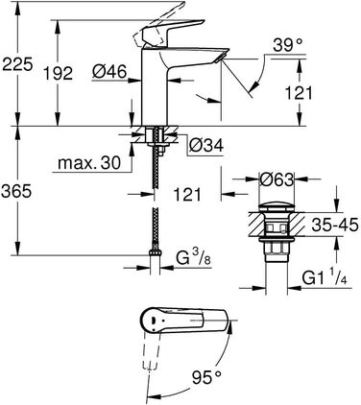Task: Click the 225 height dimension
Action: tap(17, 64)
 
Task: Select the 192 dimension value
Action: tap(58, 74)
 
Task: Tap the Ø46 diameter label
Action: tap(109, 72)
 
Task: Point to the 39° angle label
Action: tap(288, 45)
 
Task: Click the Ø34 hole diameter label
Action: tap(205, 146)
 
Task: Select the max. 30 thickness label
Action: tap(89, 163)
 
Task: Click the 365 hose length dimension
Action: tap(17, 192)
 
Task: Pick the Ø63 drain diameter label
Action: tap(277, 180)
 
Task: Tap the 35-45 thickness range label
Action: tap(335, 225)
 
